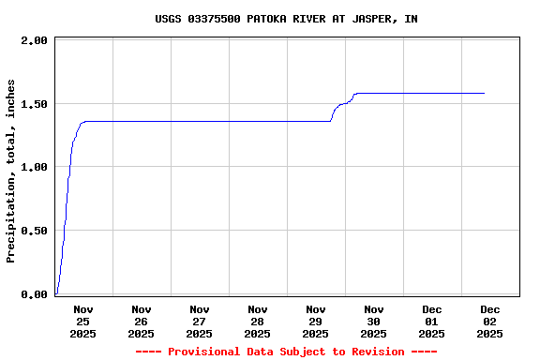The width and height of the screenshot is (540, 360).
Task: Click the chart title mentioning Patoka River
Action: pyautogui.click(x=286, y=19)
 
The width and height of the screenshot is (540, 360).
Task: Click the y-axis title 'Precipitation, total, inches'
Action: pyautogui.click(x=11, y=171)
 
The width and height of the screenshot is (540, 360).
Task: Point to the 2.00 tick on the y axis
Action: pyautogui.click(x=34, y=41)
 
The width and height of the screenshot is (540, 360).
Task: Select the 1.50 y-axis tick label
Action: pyautogui.click(x=34, y=104)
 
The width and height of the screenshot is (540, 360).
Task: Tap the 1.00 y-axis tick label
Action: pyautogui.click(x=34, y=167)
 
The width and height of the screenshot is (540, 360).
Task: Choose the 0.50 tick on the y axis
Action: pyautogui.click(x=34, y=231)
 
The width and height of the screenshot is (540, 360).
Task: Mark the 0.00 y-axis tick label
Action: pyautogui.click(x=34, y=294)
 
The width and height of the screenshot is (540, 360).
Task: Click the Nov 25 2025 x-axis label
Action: pyautogui.click(x=83, y=321)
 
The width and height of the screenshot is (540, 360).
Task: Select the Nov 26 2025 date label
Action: pyautogui.click(x=142, y=321)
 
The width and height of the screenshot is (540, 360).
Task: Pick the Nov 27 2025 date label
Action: pyautogui.click(x=200, y=321)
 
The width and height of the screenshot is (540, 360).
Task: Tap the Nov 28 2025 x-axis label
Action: pyautogui.click(x=258, y=321)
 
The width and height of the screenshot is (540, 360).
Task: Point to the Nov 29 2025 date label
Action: pyautogui.click(x=316, y=321)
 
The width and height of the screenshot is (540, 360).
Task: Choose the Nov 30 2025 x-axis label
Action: pyautogui.click(x=374, y=321)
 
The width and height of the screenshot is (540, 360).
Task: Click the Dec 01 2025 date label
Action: pyautogui.click(x=432, y=321)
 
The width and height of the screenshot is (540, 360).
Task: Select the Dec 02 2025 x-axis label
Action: pyautogui.click(x=490, y=321)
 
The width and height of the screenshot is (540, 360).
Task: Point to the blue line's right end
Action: pyautogui.click(x=484, y=93)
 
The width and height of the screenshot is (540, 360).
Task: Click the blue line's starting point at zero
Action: pyautogui.click(x=56, y=293)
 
